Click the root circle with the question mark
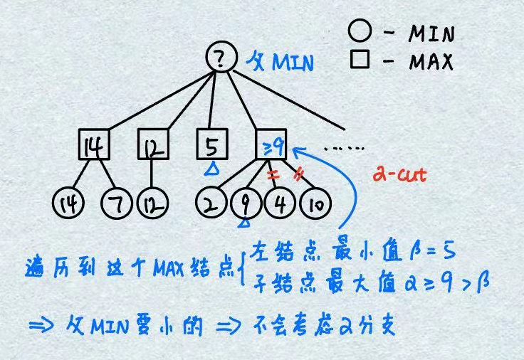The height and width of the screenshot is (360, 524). [219, 58]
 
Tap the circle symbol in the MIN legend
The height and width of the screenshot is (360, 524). [359, 32]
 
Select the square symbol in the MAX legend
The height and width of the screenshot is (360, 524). [360, 60]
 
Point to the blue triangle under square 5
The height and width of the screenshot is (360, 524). [211, 169]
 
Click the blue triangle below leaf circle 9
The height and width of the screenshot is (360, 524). [243, 225]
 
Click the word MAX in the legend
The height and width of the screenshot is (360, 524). [430, 62]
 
